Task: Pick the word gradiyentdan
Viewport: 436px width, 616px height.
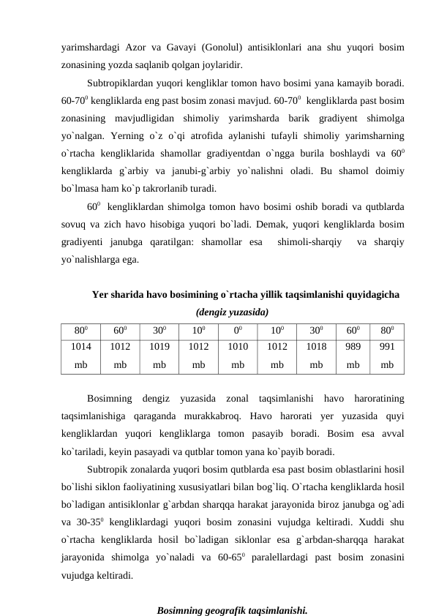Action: pos(226,165)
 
